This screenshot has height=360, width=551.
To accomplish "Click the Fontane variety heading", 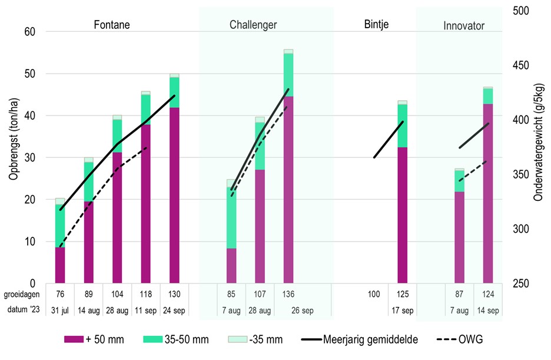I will point(112,25).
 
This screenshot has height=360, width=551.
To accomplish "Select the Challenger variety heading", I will point(253,25).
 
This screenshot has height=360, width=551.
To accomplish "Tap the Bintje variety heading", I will point(377,25).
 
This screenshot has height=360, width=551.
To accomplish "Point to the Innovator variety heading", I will point(464,26).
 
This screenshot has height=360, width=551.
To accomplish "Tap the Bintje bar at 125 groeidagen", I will point(403,212).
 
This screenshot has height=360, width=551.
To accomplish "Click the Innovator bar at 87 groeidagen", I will point(459,236).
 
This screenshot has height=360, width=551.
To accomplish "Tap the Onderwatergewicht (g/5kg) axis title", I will point(537,147).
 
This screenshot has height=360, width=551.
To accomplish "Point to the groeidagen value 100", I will point(374,293).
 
